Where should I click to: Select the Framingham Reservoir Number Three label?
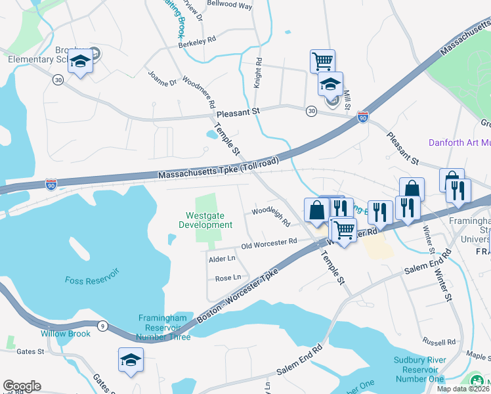pos(164,327)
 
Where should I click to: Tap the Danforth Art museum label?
pos(459,142)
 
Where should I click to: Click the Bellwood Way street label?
pos(230,5)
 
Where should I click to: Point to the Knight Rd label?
pos(258,73)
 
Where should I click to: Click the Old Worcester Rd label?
pos(269,244)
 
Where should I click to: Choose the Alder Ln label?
pos(221,259)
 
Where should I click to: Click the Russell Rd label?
pos(439,342)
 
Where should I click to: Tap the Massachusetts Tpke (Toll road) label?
pos(219,169)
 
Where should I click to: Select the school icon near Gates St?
pos(131,359)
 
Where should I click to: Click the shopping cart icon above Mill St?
pos(322,61)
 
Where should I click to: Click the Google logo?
pos(22,386)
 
